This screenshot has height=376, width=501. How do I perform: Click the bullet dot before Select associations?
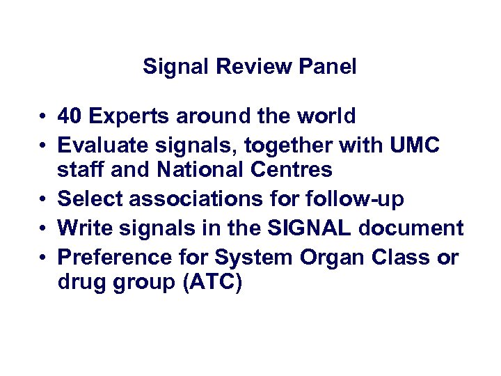(x=43, y=200)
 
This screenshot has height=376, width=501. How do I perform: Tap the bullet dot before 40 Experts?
(x=43, y=116)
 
